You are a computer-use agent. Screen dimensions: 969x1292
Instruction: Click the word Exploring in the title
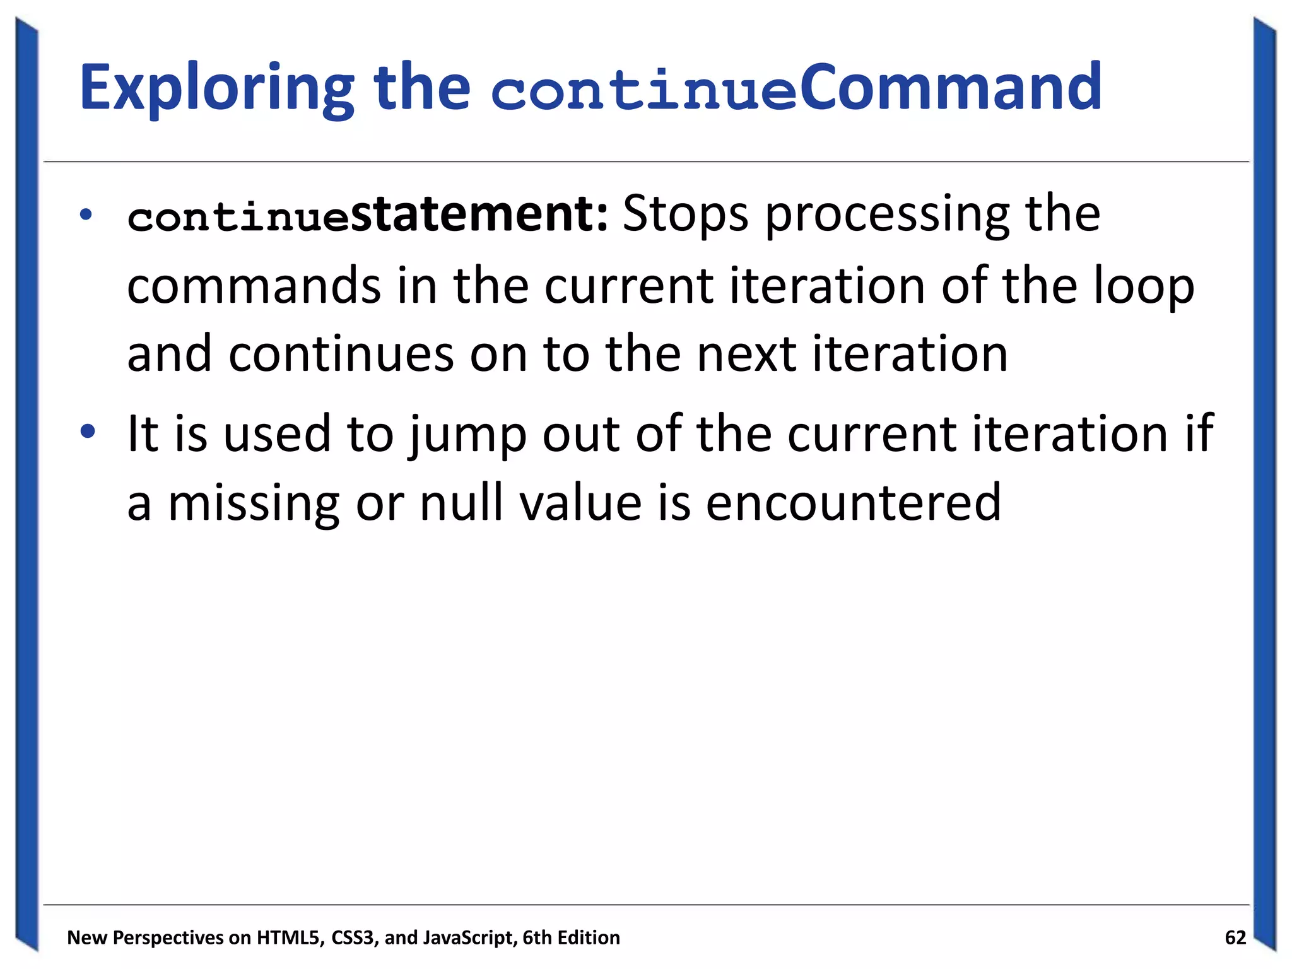[x=216, y=88]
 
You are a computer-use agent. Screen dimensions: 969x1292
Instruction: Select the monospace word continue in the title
[x=644, y=91]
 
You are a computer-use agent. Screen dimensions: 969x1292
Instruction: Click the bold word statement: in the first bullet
[x=479, y=214]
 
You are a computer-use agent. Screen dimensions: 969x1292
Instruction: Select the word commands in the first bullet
[x=254, y=286]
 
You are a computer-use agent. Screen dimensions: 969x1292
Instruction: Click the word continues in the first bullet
[x=341, y=354]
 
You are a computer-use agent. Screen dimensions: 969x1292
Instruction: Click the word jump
[x=467, y=435]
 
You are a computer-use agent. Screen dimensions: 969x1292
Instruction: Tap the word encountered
[x=853, y=503]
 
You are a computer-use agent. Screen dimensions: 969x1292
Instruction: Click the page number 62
[x=1235, y=937]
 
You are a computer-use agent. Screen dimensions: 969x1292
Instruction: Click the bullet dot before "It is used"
[x=88, y=432]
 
